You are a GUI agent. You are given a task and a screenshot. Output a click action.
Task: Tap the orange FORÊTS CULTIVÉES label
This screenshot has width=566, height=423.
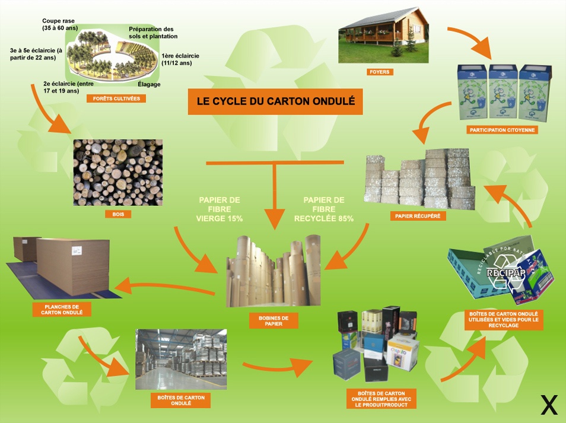116,98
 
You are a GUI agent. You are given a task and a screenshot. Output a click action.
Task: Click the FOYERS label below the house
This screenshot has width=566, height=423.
380,72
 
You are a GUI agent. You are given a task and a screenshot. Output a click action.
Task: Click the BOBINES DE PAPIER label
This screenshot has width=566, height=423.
274,321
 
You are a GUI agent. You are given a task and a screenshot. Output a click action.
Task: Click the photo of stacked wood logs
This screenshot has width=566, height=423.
117,173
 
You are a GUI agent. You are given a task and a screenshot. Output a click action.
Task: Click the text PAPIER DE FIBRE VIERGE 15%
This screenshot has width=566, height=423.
220,209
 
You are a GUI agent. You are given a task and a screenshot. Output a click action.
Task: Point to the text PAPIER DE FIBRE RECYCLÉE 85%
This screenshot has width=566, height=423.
324,209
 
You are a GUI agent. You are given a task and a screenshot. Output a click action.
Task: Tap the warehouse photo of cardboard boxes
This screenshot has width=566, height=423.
181,360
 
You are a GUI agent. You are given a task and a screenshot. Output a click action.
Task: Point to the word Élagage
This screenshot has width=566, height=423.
148,84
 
